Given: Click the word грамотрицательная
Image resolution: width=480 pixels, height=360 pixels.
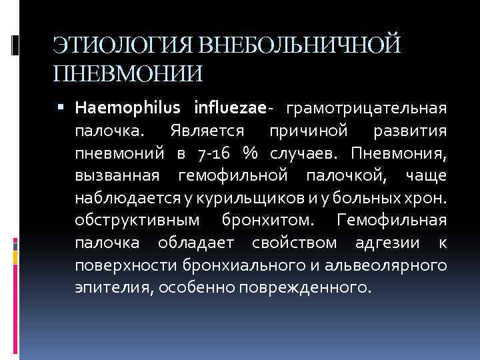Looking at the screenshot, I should point(366,107).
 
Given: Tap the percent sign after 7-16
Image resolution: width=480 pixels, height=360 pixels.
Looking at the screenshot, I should point(251,153).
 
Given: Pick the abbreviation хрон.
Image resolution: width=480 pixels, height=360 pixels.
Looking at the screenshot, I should point(429,198).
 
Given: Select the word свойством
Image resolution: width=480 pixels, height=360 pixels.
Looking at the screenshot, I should point(298,243).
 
